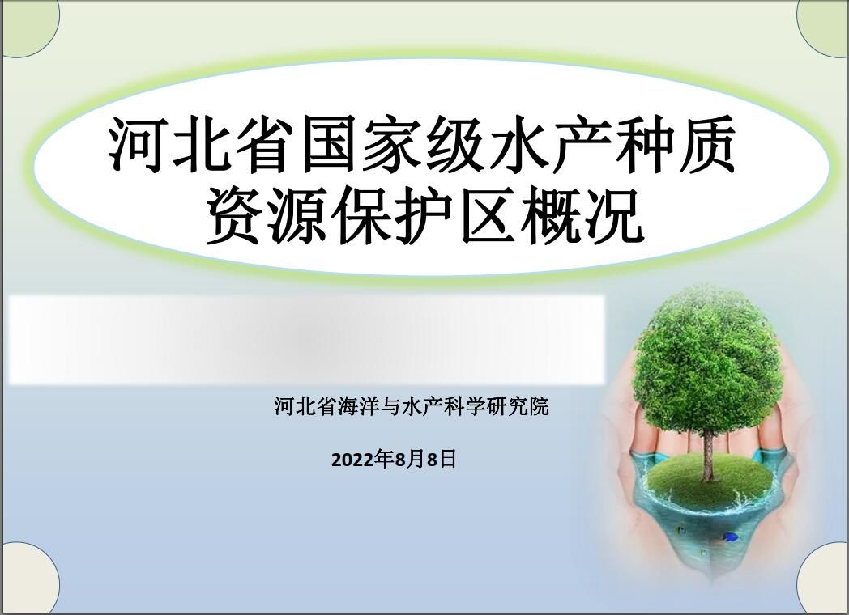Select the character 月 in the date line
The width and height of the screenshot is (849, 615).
[x=416, y=459]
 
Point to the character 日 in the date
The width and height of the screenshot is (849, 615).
[x=448, y=459]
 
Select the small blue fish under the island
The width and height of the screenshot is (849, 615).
[x=730, y=537]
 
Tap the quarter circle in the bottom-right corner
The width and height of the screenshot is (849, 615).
[x=822, y=579]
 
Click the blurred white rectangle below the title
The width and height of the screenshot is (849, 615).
[x=307, y=340]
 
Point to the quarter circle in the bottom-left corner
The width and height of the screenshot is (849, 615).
[x=30, y=579]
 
